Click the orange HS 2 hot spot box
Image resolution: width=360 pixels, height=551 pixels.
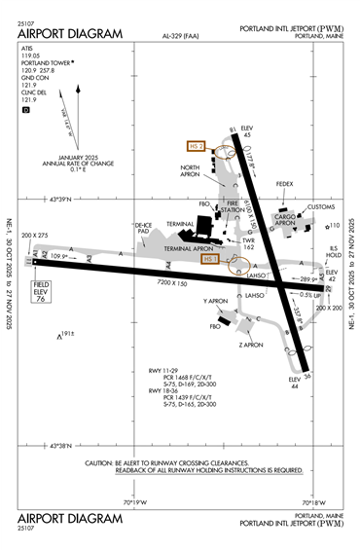click(198, 146)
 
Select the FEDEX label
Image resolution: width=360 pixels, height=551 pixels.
click(284, 183)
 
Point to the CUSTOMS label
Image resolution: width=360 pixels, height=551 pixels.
click(320, 206)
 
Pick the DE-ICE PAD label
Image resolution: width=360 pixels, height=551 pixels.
click(143, 229)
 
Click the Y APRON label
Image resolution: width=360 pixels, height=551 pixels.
click(215, 302)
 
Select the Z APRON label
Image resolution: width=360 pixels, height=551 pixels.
click(252, 345)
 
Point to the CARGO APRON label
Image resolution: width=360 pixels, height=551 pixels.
click(283, 219)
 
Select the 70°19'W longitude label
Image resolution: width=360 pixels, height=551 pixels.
click(134, 503)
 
